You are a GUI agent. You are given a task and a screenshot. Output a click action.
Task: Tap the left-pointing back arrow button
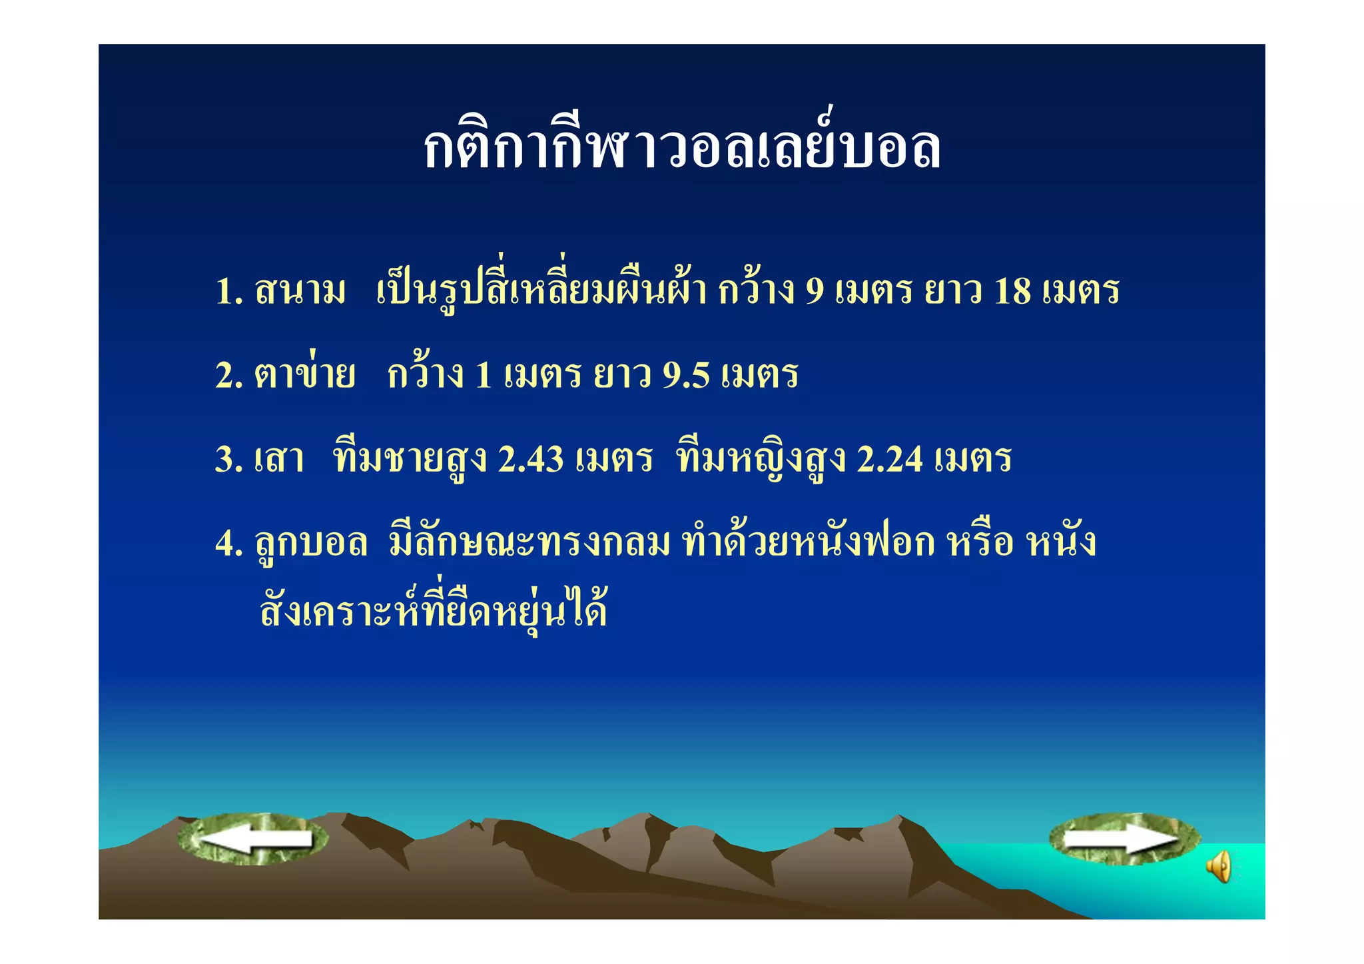[x=253, y=839]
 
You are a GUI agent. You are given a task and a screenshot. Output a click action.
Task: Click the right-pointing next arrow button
[x=1124, y=839]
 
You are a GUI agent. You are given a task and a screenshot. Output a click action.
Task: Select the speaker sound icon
[x=1219, y=867]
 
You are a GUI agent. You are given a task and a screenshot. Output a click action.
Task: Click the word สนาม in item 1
[x=300, y=292]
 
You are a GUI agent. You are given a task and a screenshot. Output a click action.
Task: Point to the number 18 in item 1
[x=1012, y=292]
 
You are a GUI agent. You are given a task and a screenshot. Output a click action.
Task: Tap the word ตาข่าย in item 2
[x=304, y=375]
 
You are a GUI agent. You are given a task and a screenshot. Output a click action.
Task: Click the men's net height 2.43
[x=531, y=460]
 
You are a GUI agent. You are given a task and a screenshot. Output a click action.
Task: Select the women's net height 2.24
[x=890, y=460]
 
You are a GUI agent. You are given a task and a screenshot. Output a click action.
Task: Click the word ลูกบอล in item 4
[x=310, y=543]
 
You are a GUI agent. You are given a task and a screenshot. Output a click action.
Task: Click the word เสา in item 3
[x=279, y=460]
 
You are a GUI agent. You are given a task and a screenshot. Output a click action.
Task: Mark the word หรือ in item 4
[x=980, y=543]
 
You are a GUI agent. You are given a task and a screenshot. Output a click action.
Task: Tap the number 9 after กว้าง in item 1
[x=815, y=292]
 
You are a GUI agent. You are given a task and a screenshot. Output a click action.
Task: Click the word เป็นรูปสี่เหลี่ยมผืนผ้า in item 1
[x=541, y=290]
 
